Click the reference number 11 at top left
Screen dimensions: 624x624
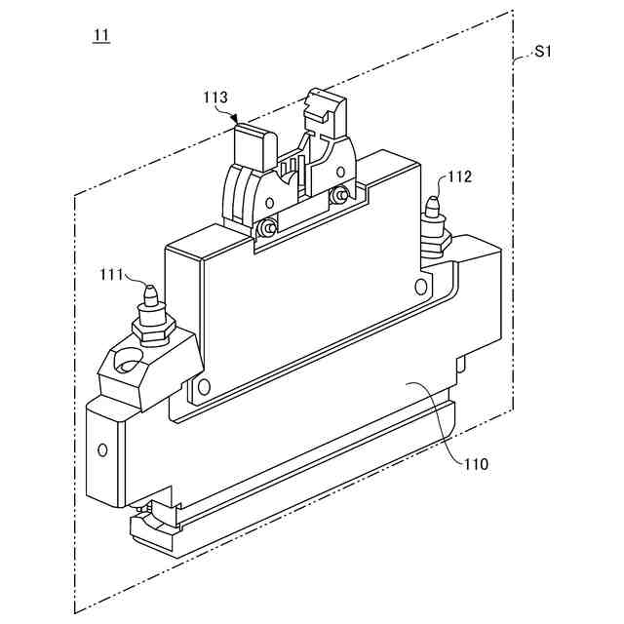100,37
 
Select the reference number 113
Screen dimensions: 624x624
215,97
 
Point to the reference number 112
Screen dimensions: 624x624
460,176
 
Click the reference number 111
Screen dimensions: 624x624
111,276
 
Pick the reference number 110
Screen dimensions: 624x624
476,464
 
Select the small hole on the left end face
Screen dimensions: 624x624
102,450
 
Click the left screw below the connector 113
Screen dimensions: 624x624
266,228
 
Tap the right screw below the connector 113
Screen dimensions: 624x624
338,196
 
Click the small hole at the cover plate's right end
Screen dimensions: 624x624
420,287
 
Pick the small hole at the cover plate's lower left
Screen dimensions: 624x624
204,387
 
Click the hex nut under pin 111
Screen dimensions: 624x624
153,331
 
